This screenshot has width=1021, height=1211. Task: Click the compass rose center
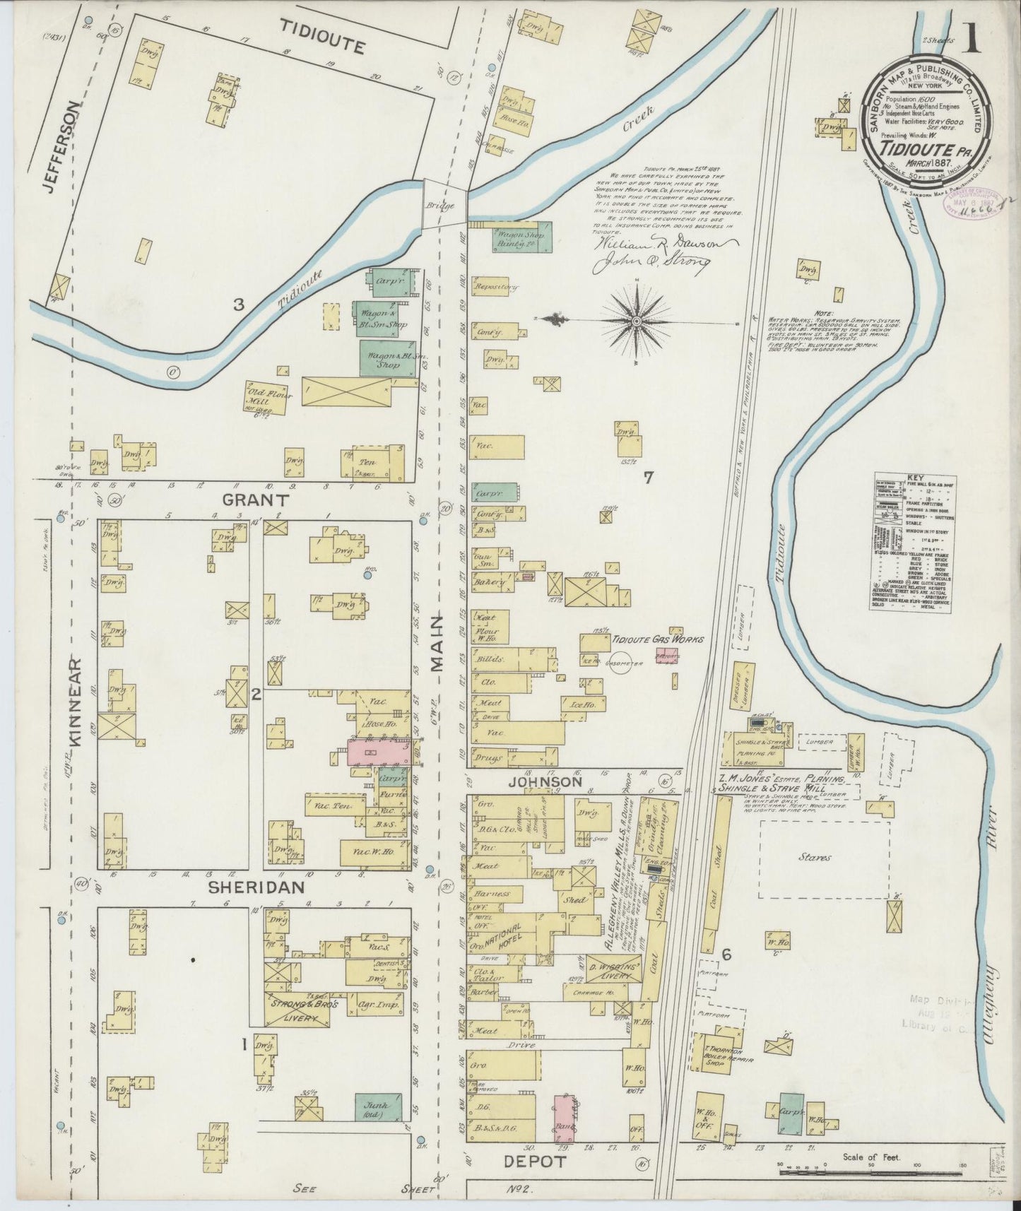click(x=636, y=321)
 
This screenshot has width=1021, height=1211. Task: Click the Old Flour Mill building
click(x=266, y=398)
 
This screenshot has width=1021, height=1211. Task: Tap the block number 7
click(x=647, y=478)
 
